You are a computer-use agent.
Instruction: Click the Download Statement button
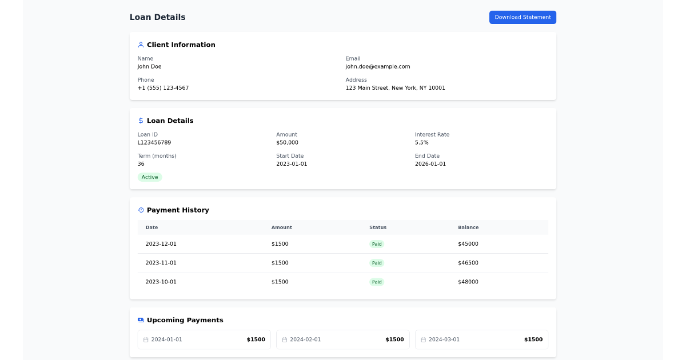pos(523,17)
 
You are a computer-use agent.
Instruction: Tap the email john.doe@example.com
pos(377,66)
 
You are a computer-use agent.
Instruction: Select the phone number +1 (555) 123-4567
pos(163,88)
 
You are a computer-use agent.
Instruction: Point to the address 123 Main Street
pos(395,88)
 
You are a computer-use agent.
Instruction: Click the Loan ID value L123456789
pos(154,142)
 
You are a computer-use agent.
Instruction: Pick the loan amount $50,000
pos(287,142)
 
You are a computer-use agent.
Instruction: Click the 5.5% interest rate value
pos(421,142)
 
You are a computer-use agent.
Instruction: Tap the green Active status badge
pos(150,177)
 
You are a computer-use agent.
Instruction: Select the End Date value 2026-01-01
pos(430,164)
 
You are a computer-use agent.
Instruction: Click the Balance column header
pos(468,227)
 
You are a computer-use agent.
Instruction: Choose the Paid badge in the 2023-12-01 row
pos(376,244)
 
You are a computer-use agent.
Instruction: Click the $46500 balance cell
pos(468,263)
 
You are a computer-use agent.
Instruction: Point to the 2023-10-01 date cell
pos(161,282)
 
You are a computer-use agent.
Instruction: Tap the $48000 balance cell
pos(468,282)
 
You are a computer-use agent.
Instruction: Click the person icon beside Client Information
pos(141,45)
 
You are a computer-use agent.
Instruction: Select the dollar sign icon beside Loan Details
pos(141,121)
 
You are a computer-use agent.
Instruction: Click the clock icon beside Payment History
pos(141,210)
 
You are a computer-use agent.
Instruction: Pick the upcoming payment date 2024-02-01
pos(305,339)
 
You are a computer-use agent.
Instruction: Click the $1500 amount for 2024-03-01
pos(533,339)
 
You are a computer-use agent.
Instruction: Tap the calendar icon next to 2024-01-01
pos(146,339)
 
